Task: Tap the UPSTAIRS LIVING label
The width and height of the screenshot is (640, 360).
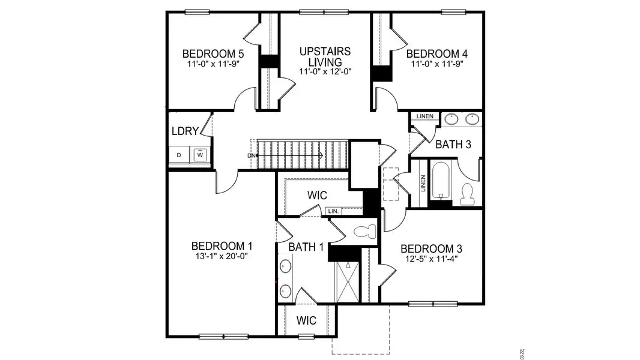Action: (325, 56)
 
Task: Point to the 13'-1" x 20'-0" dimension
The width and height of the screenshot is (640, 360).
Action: (222, 256)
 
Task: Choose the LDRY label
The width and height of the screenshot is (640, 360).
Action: (185, 131)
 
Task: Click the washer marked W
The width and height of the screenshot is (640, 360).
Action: (200, 155)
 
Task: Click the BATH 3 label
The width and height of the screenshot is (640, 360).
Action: (453, 144)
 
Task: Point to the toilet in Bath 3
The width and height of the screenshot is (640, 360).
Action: (467, 193)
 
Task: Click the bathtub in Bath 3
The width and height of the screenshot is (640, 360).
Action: (441, 180)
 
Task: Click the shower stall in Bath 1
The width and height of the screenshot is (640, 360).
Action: (346, 281)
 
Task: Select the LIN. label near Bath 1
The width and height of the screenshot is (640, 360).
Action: (333, 211)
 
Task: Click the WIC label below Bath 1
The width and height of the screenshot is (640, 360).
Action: (306, 320)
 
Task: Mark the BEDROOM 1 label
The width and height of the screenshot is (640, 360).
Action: (222, 245)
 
